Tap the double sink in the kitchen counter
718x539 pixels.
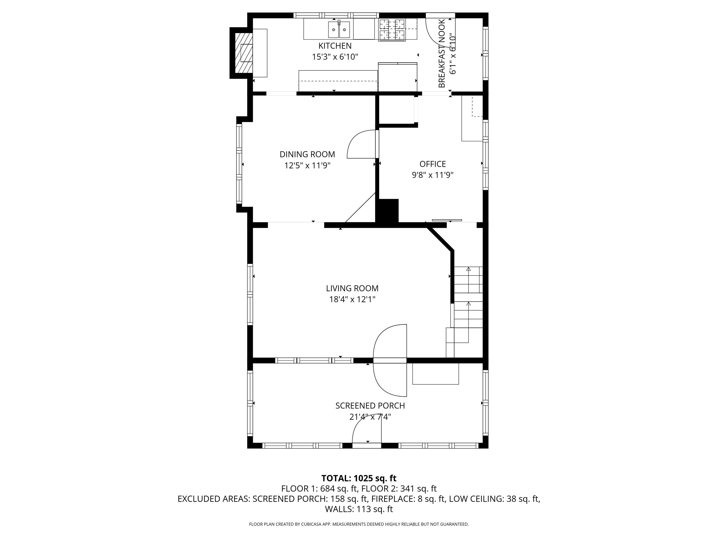[339, 29]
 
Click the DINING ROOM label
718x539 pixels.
[307, 154]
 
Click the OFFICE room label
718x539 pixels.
[432, 164]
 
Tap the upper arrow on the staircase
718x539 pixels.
[468, 269]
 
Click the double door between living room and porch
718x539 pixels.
[390, 360]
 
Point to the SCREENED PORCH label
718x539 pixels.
[370, 406]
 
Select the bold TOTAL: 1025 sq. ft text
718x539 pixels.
[359, 478]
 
